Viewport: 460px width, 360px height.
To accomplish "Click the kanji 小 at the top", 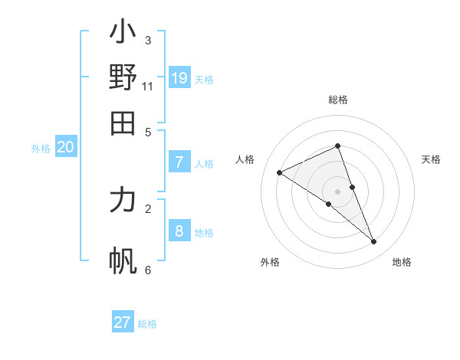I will click(x=123, y=33).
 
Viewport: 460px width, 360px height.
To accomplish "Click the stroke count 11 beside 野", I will click(x=148, y=86).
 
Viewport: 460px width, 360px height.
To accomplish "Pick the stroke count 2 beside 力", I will click(x=148, y=208).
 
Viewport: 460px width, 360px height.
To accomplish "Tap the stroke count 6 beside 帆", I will click(x=148, y=270).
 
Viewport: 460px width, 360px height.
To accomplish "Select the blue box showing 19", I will click(x=179, y=77).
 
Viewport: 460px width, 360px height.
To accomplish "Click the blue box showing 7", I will click(x=179, y=162).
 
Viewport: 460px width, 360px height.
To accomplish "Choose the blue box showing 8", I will click(x=179, y=231).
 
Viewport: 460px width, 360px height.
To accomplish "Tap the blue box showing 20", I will click(x=65, y=148).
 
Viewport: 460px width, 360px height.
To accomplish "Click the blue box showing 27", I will click(x=123, y=322).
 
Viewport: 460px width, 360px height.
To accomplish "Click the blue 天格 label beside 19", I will click(x=204, y=80).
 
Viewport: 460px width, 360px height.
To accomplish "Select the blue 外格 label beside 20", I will click(x=41, y=149).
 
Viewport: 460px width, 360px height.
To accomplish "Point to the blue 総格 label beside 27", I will click(x=147, y=324).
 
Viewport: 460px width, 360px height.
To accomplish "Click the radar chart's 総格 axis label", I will click(x=338, y=100).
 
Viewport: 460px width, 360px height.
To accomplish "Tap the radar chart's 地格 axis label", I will click(x=402, y=262).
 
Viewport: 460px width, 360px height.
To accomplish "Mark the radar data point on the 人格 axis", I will click(x=280, y=173).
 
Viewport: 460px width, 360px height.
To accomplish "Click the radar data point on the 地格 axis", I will click(x=374, y=242).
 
